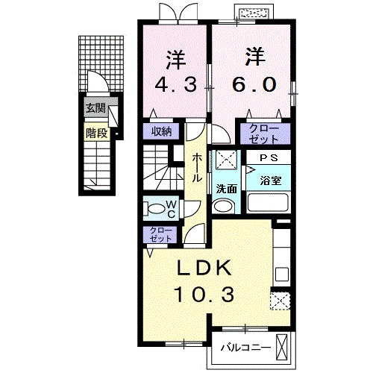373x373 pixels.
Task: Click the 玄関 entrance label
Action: click(x=95, y=108)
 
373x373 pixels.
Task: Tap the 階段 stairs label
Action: click(x=96, y=134)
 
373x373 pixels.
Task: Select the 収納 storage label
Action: click(x=162, y=131)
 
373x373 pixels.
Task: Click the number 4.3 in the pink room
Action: click(x=176, y=84)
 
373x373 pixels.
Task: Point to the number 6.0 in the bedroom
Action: click(x=254, y=84)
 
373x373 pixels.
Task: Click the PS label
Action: click(x=269, y=158)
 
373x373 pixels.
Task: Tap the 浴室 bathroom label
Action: click(x=271, y=181)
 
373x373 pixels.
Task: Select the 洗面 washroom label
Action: click(x=226, y=189)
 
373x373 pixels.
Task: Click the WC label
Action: click(x=171, y=210)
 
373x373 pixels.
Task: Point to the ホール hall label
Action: click(x=196, y=168)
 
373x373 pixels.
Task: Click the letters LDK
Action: click(x=204, y=269)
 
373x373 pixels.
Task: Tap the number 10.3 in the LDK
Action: click(x=204, y=295)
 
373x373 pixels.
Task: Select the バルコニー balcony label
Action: click(x=245, y=347)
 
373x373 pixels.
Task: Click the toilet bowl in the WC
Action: click(x=154, y=209)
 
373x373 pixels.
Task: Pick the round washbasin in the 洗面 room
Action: click(x=224, y=206)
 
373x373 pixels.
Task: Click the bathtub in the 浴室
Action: click(x=268, y=202)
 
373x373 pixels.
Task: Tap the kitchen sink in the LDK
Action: click(x=282, y=274)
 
